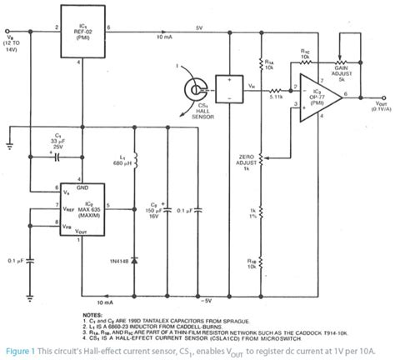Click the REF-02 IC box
[x=83, y=27]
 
